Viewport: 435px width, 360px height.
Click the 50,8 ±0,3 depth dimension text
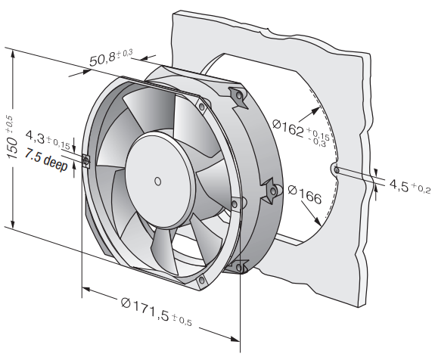[x=111, y=57]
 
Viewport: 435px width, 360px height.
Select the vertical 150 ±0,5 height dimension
[x=13, y=138]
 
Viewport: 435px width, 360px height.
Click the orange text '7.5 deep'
[x=46, y=160]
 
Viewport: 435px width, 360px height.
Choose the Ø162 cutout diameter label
[x=301, y=132]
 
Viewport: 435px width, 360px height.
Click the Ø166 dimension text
[x=305, y=194]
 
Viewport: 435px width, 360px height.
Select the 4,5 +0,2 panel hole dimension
[x=410, y=186]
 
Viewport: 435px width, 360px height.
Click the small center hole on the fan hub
[x=157, y=182]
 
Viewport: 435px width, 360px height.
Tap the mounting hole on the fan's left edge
[x=85, y=160]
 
